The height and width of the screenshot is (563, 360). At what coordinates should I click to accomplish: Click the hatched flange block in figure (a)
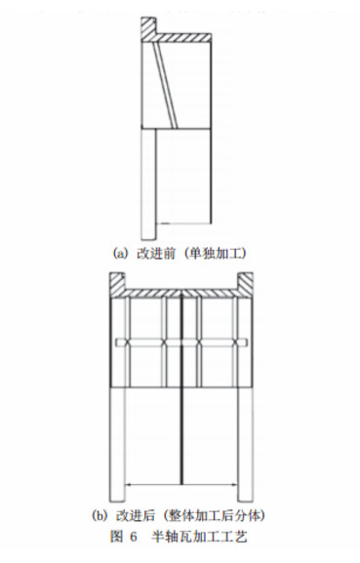[x=148, y=28]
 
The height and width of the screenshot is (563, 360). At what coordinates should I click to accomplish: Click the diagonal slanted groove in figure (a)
[x=165, y=86]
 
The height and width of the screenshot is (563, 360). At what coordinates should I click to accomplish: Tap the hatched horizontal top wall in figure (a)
[x=183, y=38]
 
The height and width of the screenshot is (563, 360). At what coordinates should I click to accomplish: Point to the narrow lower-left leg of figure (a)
[x=148, y=184]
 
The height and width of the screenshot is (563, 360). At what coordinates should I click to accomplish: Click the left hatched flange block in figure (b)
[x=117, y=284]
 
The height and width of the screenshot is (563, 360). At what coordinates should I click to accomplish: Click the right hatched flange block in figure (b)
[x=245, y=284]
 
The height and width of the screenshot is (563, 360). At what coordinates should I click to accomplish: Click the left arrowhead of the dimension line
[x=128, y=485]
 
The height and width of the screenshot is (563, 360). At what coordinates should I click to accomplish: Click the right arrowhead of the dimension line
[x=235, y=485]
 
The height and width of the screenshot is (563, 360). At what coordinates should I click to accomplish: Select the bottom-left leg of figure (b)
[x=117, y=445]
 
